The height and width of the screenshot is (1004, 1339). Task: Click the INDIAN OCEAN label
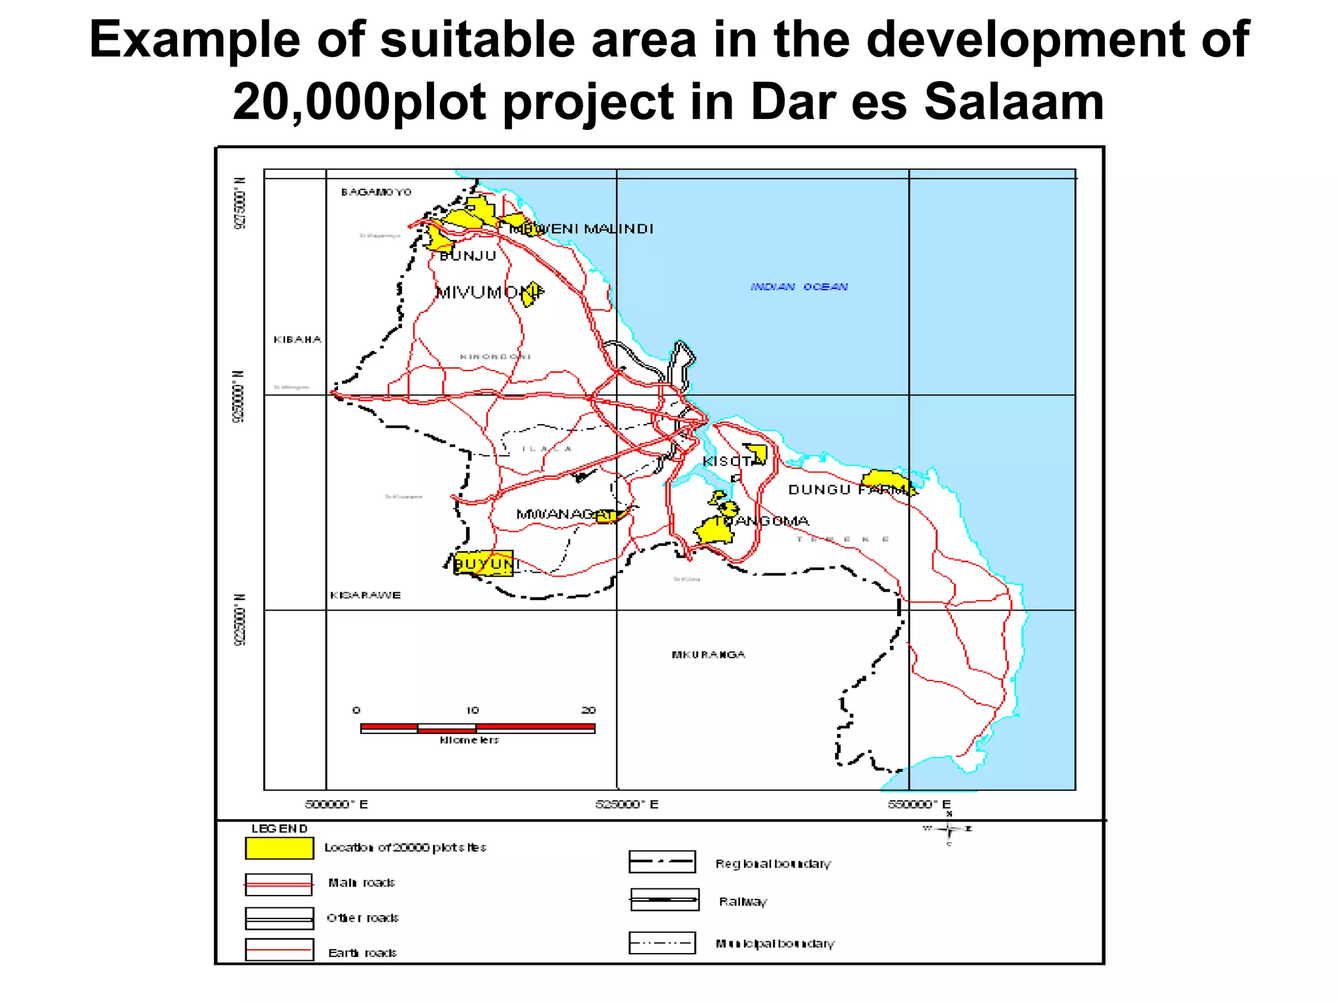coord(799,287)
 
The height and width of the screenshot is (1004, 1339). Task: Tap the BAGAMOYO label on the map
coord(376,192)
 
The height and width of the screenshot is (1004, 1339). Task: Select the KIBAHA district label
coord(297,339)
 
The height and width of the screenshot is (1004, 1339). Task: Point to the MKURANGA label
coord(709,654)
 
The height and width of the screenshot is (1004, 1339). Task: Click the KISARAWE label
coord(365,595)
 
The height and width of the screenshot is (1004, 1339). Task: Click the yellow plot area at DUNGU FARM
coord(885,480)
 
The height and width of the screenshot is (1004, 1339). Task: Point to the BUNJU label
coord(468,256)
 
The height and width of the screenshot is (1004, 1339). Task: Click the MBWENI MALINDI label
coord(582,229)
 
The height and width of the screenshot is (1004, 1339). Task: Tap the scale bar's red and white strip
coord(477,728)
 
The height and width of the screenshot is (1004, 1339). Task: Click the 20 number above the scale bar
coord(588,710)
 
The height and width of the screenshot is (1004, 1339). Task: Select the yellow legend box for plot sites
coord(279,848)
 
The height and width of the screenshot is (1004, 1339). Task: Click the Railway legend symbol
coord(664,899)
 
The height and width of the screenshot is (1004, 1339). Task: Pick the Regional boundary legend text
coord(773,863)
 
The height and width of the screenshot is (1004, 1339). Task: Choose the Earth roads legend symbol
coord(279,950)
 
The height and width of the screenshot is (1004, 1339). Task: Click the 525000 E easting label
coord(626,804)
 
